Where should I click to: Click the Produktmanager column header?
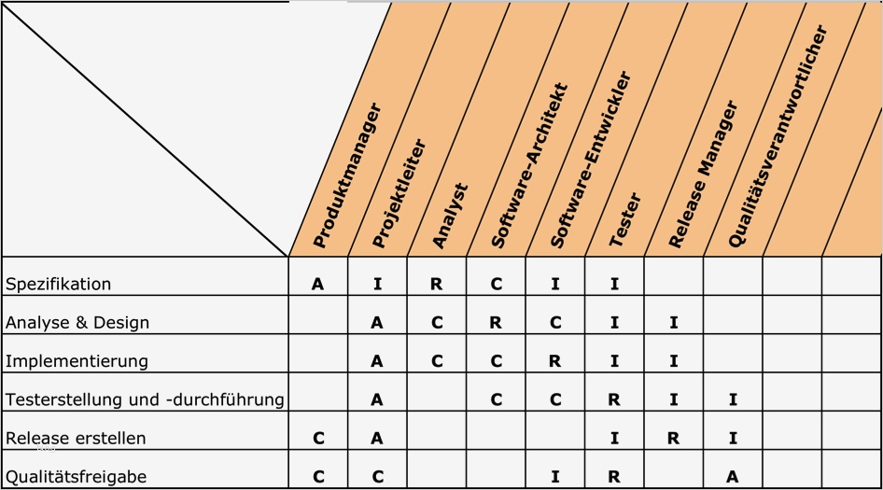click(x=347, y=175)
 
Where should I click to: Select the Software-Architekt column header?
click(x=529, y=166)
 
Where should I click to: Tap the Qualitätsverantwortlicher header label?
click(x=778, y=136)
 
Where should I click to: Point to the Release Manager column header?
click(x=704, y=175)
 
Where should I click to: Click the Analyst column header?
click(x=450, y=216)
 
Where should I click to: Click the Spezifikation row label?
click(x=59, y=284)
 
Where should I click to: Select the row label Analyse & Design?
click(x=77, y=323)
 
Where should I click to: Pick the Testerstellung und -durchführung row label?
click(x=145, y=399)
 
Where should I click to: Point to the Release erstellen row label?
click(x=76, y=438)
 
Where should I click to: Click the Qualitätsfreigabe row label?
click(x=76, y=477)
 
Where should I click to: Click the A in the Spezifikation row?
click(x=317, y=285)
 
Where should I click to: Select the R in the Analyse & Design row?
click(x=496, y=323)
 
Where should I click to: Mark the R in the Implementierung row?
click(x=555, y=361)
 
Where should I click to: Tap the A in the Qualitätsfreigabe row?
click(x=733, y=476)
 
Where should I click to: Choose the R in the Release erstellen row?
click(x=673, y=438)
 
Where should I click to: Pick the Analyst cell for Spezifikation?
click(x=436, y=285)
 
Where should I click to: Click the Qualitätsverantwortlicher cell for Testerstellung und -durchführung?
click(x=733, y=399)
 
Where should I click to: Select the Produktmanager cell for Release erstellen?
click(x=317, y=438)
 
